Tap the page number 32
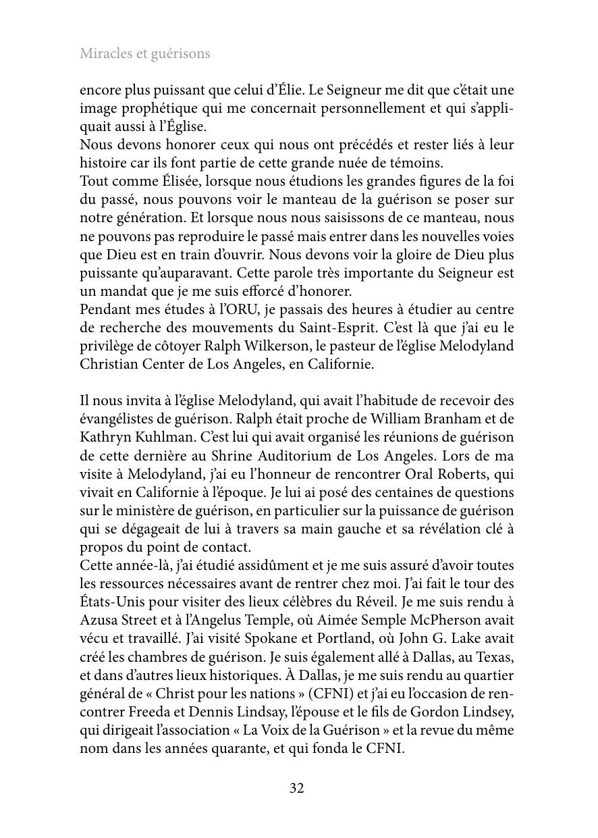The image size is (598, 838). (297, 788)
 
